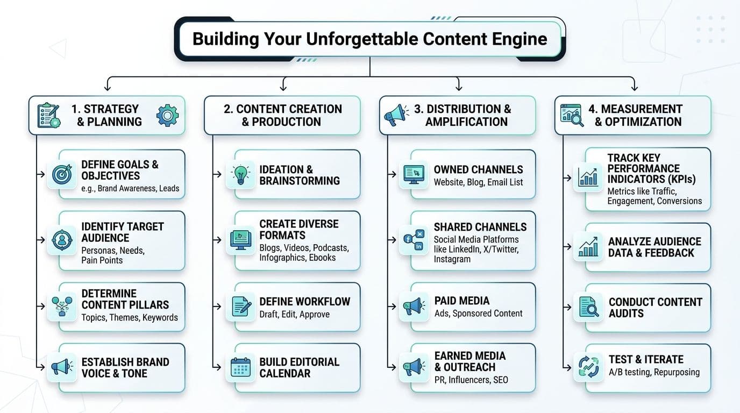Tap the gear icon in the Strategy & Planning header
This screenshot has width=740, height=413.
pyautogui.click(x=167, y=115)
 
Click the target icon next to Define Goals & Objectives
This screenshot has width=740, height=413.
pyautogui.click(x=62, y=174)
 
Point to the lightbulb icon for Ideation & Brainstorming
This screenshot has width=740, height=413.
pyautogui.click(x=240, y=174)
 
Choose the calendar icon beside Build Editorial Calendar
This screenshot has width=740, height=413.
pyautogui.click(x=240, y=367)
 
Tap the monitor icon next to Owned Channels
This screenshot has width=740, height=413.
pyautogui.click(x=414, y=174)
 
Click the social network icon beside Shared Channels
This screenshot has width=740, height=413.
pyautogui.click(x=414, y=240)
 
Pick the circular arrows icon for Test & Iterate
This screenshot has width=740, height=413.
pyautogui.click(x=588, y=367)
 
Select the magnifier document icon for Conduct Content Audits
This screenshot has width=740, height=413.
pyautogui.click(x=589, y=307)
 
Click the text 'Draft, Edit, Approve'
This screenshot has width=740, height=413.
pyautogui.click(x=294, y=314)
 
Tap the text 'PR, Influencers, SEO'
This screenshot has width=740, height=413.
pyautogui.click(x=471, y=380)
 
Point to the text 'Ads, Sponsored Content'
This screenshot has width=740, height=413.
pyautogui.click(x=478, y=313)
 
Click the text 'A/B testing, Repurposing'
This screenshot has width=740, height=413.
pyautogui.click(x=654, y=372)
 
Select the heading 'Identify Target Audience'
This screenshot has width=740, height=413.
pyautogui.click(x=123, y=232)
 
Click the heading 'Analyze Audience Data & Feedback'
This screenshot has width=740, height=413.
pyautogui.click(x=654, y=247)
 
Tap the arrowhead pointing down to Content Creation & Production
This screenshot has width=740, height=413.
pyautogui.click(x=283, y=88)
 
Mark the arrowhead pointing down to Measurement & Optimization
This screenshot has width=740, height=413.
pyautogui.click(x=634, y=88)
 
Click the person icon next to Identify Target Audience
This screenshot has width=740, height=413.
pyautogui.click(x=62, y=240)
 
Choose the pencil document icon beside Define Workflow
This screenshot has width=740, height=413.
pyautogui.click(x=241, y=307)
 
